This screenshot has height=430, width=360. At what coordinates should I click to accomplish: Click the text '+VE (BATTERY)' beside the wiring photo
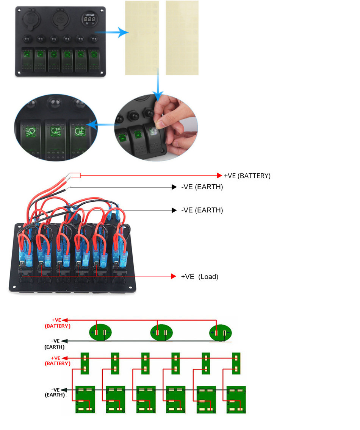pyautogui.click(x=247, y=176)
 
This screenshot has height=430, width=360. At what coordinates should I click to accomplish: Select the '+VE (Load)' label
pyautogui.click(x=200, y=277)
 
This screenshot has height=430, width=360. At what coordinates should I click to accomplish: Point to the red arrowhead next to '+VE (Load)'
pyautogui.click(x=174, y=276)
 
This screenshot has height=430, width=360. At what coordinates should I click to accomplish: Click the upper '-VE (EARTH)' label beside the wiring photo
pyautogui.click(x=202, y=187)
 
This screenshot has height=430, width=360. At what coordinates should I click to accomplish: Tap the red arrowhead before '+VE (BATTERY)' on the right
pyautogui.click(x=219, y=176)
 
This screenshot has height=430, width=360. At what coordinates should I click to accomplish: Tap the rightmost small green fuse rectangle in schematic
pyautogui.click(x=236, y=363)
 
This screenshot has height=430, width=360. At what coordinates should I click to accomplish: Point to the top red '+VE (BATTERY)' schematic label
pyautogui.click(x=58, y=323)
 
